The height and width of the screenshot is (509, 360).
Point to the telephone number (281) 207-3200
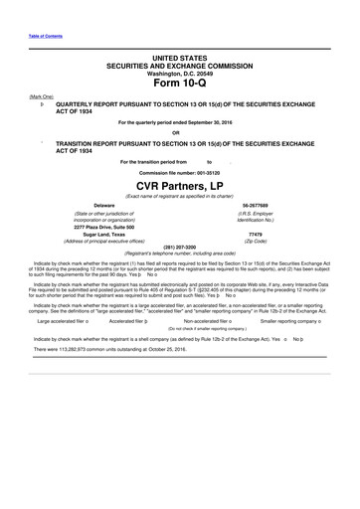(179, 248)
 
